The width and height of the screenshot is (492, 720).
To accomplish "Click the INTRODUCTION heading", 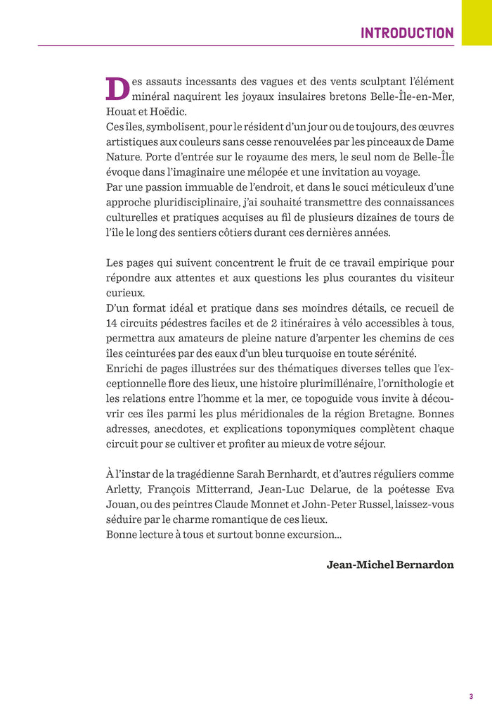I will tap(407, 33).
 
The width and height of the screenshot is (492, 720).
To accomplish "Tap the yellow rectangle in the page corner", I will tap(477, 22).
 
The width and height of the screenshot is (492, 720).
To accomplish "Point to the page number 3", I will tap(470, 697).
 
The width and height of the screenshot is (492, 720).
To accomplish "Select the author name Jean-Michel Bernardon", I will tap(390, 564).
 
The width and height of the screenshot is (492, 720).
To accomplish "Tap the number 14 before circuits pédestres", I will tap(112, 323).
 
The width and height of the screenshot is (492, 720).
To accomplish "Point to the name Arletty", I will tap(123, 489).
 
